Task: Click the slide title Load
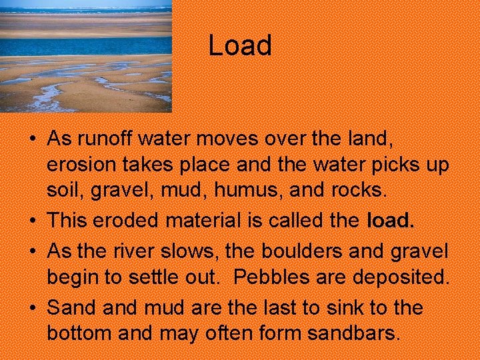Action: point(240,45)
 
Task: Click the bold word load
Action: point(391,220)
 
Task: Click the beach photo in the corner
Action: point(85,56)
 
